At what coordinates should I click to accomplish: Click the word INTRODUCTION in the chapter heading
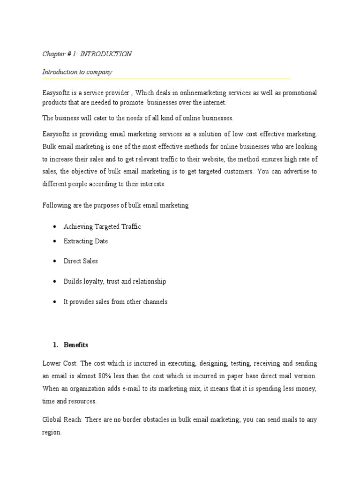pos(106,54)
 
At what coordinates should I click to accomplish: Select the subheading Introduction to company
pos(77,72)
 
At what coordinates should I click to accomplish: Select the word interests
pos(150,184)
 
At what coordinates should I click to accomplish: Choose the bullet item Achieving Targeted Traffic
pos(102,226)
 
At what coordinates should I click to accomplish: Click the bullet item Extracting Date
pos(86,241)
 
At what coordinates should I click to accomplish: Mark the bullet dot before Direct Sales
pos(55,261)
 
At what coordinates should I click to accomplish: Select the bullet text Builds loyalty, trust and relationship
pos(115,281)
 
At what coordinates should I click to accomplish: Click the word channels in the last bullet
pos(153,302)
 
